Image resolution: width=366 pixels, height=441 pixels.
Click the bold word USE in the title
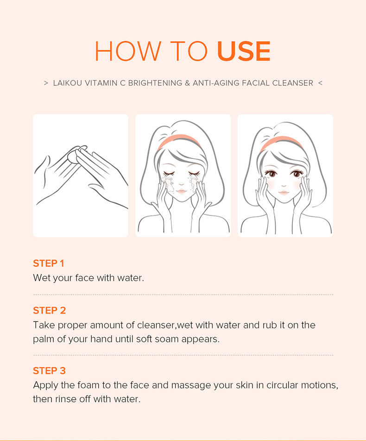coord(244,51)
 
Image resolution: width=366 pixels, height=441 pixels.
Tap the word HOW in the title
coord(128,51)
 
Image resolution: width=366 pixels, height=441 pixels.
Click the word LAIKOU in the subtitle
coord(68,83)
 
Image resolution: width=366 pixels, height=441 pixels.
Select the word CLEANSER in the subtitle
coord(293,83)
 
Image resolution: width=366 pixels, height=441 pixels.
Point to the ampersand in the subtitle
coord(187,83)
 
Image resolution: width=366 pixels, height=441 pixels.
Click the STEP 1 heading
coord(48,263)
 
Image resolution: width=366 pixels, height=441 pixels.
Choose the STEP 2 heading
coord(49,310)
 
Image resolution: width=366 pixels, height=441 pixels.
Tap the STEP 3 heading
coord(49,371)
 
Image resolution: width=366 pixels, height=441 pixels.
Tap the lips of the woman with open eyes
coord(284,193)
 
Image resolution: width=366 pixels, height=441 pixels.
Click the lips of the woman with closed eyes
coord(181,191)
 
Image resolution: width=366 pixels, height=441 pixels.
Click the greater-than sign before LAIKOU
coord(46,83)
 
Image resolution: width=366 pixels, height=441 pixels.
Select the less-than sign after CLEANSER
coord(320,83)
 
